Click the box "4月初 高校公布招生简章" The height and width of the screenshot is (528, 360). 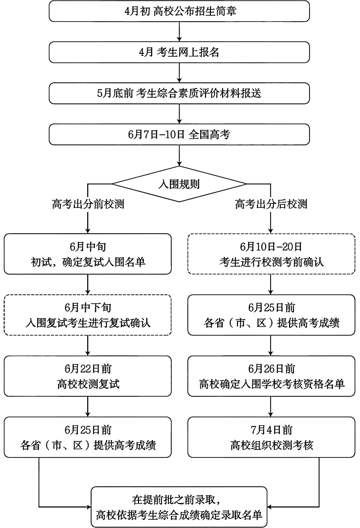[179, 11]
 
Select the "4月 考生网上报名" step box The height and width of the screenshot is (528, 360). [179, 52]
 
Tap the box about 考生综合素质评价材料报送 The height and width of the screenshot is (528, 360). [179, 93]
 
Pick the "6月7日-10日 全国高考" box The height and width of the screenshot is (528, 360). [179, 134]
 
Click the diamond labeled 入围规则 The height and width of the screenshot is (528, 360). [179, 184]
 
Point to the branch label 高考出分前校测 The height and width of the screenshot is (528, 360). [88, 204]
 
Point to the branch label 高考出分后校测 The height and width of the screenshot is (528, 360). [271, 204]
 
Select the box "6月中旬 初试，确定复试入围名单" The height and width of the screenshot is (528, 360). [88, 254]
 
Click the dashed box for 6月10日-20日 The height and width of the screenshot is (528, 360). [271, 254]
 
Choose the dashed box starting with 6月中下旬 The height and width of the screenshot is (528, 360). [88, 315]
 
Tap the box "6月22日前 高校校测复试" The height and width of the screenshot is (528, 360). [88, 376]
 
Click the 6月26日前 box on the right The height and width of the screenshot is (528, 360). [271, 376]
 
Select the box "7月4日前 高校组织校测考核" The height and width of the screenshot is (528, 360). [271, 437]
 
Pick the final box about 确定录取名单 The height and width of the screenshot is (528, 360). [179, 507]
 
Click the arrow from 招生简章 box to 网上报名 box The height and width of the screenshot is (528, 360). [179, 32]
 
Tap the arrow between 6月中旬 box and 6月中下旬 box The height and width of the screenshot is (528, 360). [88, 284]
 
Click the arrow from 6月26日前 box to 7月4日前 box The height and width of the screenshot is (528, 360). [271, 407]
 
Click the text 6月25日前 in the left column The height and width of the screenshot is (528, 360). [88, 430]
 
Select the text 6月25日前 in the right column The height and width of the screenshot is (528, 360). [271, 308]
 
